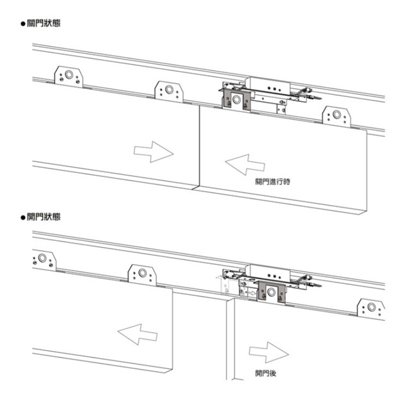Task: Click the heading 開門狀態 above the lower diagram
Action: click(x=43, y=218)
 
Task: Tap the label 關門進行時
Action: click(x=273, y=182)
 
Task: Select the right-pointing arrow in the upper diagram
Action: click(x=153, y=152)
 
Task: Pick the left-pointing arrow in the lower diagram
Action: click(x=138, y=333)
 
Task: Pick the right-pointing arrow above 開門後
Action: click(x=266, y=352)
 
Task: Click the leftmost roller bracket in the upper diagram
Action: click(x=67, y=77)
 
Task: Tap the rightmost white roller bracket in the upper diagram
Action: click(x=336, y=116)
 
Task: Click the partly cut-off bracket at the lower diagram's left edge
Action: click(x=42, y=259)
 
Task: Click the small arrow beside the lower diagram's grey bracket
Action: click(x=254, y=293)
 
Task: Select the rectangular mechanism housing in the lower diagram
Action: click(x=272, y=274)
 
